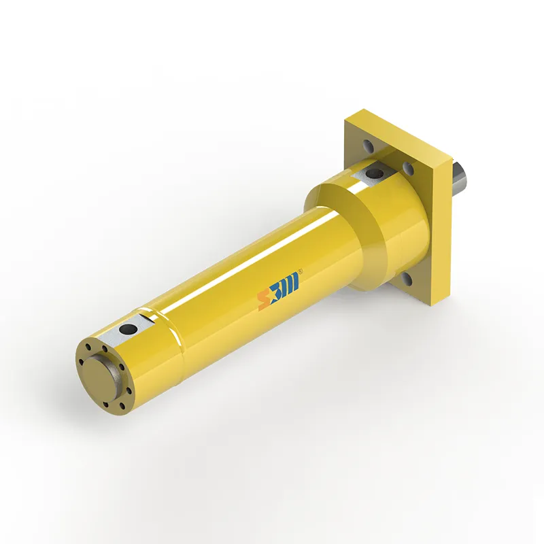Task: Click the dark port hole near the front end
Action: tap(126, 329)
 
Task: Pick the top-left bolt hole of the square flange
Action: tap(368, 145)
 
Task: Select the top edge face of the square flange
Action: tap(401, 129)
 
